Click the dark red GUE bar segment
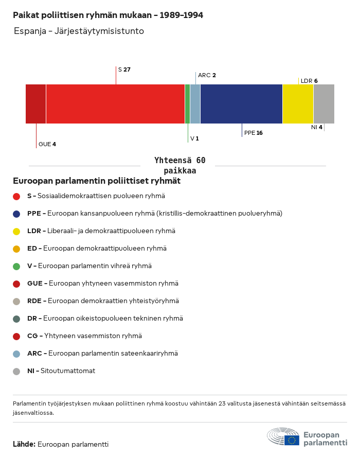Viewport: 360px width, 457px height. point(35,104)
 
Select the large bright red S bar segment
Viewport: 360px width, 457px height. point(115,104)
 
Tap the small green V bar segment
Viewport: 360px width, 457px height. point(187,104)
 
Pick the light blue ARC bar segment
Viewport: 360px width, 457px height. point(195,104)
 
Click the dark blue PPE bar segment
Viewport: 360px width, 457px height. point(241,104)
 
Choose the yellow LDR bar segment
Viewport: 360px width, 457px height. point(298,104)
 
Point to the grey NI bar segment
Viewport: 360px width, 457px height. point(323,104)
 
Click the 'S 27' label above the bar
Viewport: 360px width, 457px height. point(124,69)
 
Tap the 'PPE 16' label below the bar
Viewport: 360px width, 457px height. point(253,133)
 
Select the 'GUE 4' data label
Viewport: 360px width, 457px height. point(47,144)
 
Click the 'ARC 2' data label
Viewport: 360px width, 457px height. point(207,75)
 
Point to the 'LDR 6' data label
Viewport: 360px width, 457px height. point(309,81)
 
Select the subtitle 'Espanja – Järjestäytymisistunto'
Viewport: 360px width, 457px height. point(79,31)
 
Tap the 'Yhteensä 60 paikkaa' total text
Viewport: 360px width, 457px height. point(179,165)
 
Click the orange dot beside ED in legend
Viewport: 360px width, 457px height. point(16,249)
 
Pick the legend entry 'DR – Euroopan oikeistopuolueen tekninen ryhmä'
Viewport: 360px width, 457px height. point(105,319)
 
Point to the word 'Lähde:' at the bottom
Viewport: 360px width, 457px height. point(24,444)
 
